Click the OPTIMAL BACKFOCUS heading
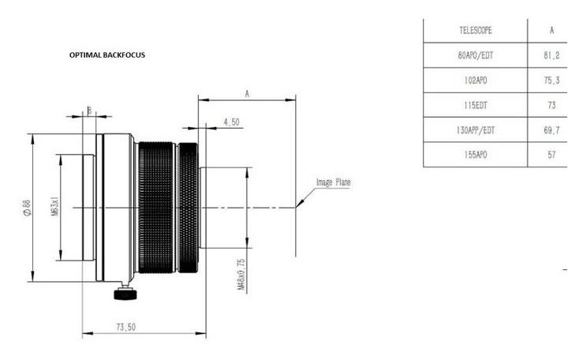[x=107, y=55]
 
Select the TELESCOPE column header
[x=476, y=31]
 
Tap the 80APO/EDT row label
[x=476, y=55]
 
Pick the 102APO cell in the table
[x=476, y=81]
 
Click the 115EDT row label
[x=476, y=105]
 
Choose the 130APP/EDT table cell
[x=476, y=130]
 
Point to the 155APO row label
[x=476, y=155]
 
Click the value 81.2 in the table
[x=551, y=55]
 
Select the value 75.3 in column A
[x=551, y=81]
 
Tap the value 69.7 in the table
[x=551, y=130]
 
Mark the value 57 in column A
[x=551, y=155]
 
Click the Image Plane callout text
[x=334, y=182]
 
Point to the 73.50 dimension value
[x=126, y=328]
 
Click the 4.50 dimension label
[x=232, y=122]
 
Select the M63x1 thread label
[x=54, y=207]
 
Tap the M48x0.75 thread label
[x=241, y=275]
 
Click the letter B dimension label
[x=89, y=111]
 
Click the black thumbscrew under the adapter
[x=125, y=293]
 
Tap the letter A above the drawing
[x=247, y=94]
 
